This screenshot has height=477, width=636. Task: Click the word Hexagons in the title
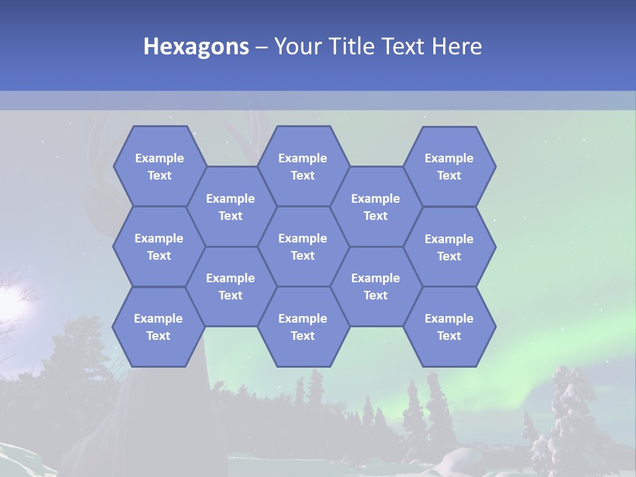[x=196, y=46]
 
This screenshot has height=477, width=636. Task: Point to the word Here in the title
[x=456, y=46]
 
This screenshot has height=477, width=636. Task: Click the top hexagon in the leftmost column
[x=160, y=166]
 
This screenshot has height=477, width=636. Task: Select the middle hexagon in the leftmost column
[x=159, y=246]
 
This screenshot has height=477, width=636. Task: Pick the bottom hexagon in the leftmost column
[x=158, y=327]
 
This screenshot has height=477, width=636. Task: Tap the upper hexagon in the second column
[x=231, y=207]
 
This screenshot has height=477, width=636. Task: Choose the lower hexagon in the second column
[x=231, y=286]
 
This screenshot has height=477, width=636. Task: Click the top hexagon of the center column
[x=303, y=166]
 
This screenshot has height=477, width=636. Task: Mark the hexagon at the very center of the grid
[x=303, y=246]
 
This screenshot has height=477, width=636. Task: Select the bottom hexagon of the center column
[x=303, y=327]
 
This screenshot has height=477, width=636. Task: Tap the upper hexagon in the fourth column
[x=376, y=207]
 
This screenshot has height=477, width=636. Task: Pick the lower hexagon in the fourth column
[x=376, y=286]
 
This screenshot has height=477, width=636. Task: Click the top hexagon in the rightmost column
[x=449, y=166]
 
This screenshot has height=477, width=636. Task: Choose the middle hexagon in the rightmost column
[x=449, y=247]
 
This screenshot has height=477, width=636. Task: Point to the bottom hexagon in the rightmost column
[x=449, y=327]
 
